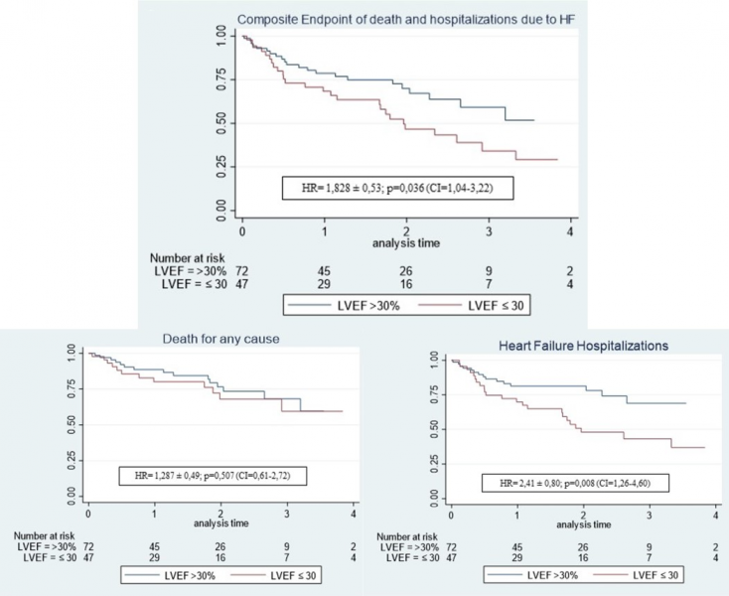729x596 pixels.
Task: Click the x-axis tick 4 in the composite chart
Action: click(x=570, y=230)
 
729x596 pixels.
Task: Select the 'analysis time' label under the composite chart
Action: click(x=407, y=241)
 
